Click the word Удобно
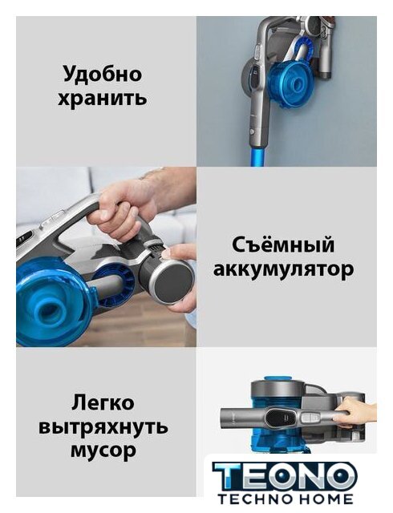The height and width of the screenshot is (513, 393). click(102, 74)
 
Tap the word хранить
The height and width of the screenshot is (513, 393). click(102, 98)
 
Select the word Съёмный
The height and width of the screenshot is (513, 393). click(284, 245)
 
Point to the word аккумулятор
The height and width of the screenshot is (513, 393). click(284, 269)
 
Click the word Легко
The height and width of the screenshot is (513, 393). click(103, 402)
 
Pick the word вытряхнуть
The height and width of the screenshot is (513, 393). click(103, 426)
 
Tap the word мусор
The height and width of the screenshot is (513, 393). click(103, 450)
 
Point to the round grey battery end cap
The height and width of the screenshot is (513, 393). click(173, 283)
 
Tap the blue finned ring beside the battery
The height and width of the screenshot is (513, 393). click(115, 282)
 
